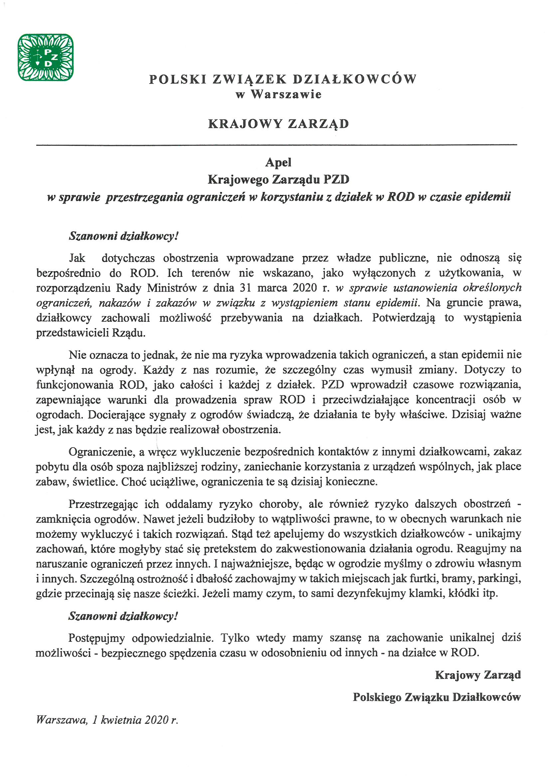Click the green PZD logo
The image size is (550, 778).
(x=45, y=57)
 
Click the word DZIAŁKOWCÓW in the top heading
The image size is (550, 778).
(x=354, y=79)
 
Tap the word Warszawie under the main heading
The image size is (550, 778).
(x=286, y=94)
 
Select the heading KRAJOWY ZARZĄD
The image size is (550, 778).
(x=278, y=124)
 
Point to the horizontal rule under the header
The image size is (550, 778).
(x=276, y=145)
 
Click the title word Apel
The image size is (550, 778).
(x=278, y=162)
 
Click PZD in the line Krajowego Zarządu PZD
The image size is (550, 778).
(x=336, y=179)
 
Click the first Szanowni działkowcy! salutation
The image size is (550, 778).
(x=123, y=236)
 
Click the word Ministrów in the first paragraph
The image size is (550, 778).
(x=172, y=288)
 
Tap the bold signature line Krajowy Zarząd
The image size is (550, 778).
(x=477, y=675)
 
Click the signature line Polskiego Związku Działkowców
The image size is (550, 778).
(x=437, y=697)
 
